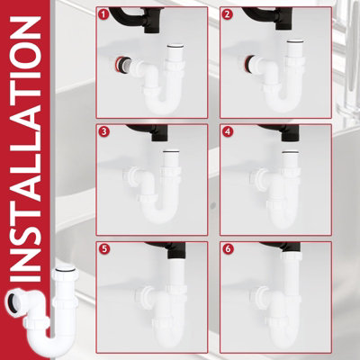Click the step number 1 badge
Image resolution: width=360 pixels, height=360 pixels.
pos(104,15)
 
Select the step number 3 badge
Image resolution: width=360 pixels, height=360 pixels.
pos(104,133)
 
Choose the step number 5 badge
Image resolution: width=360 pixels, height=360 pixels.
pos(104,251)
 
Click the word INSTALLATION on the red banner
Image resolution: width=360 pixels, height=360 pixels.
pos(27,148)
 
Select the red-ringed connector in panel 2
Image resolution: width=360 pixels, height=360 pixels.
pos(251,66)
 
